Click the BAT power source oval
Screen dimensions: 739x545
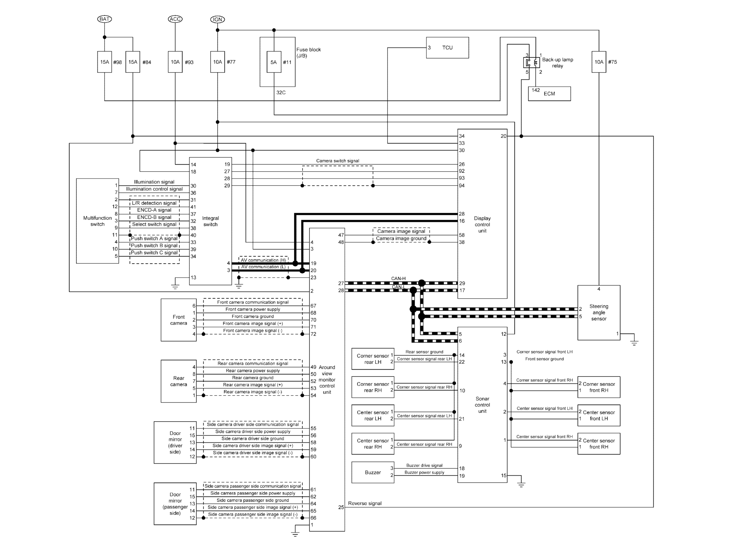click(104, 19)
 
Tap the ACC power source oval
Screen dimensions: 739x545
click(175, 19)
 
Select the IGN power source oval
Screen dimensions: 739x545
click(218, 19)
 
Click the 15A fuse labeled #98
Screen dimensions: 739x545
click(104, 62)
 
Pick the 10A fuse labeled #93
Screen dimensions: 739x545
click(175, 62)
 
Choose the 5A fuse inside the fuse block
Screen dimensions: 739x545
click(274, 62)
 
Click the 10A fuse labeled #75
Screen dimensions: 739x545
click(599, 62)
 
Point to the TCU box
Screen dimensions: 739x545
click(448, 48)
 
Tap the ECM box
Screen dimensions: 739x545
click(550, 94)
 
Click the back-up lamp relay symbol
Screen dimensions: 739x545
click(532, 62)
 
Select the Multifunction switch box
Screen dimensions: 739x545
click(97, 221)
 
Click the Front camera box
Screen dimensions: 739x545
click(179, 320)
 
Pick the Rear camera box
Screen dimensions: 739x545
click(179, 381)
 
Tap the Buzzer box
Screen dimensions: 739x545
click(373, 472)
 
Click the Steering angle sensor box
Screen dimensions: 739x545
click(599, 313)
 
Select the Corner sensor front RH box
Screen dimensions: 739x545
click(599, 387)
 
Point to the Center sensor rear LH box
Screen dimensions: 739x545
click(373, 415)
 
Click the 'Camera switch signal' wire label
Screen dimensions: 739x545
click(338, 161)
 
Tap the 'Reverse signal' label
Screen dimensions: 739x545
click(365, 503)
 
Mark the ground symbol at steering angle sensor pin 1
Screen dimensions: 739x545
click(634, 343)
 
